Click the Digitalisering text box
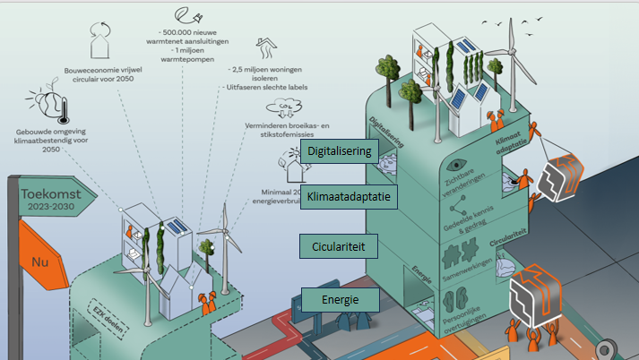pyautogui.click(x=339, y=151)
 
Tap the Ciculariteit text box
pyautogui.click(x=339, y=244)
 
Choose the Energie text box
pyautogui.click(x=339, y=298)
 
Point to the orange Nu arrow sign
pyautogui.click(x=37, y=263)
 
